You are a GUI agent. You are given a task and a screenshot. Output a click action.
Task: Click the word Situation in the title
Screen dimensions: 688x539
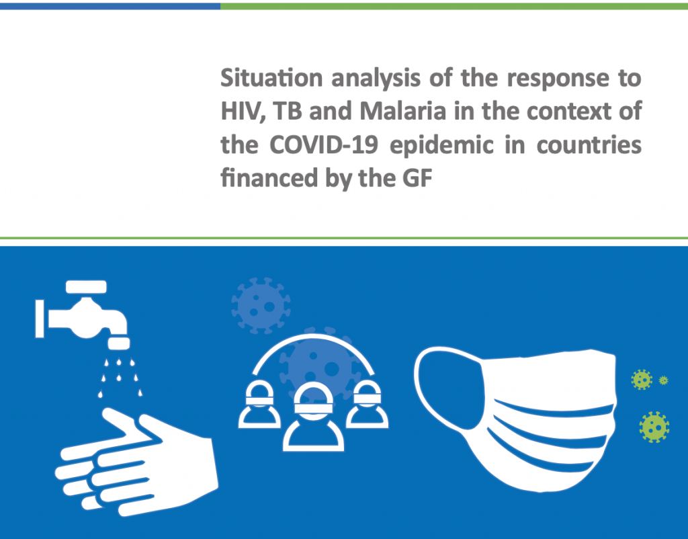coord(271,78)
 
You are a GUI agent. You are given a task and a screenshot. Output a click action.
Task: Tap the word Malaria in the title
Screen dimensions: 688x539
coord(403,111)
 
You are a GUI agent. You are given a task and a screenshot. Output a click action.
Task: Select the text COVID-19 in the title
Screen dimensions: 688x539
coord(323,145)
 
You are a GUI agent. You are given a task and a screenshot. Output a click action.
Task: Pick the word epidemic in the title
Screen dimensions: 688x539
coord(441,146)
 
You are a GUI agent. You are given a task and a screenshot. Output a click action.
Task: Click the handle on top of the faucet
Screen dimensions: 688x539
coord(86,286)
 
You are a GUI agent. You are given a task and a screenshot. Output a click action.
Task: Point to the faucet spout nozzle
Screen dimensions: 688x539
coord(119,343)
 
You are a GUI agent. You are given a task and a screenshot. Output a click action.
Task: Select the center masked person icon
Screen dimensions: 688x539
coord(313,417)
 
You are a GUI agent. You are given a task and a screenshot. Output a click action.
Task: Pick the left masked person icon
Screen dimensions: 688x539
coord(259,405)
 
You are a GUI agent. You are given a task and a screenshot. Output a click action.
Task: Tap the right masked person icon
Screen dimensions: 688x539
coord(367,405)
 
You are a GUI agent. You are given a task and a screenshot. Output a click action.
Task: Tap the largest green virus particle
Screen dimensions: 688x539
coord(654,427)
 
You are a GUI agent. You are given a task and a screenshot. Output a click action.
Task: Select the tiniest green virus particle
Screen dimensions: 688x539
coord(663,380)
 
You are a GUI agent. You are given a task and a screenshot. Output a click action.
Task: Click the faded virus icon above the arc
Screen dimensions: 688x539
coord(261,306)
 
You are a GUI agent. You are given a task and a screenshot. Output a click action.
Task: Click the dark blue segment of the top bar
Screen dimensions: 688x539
coord(110,6)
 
